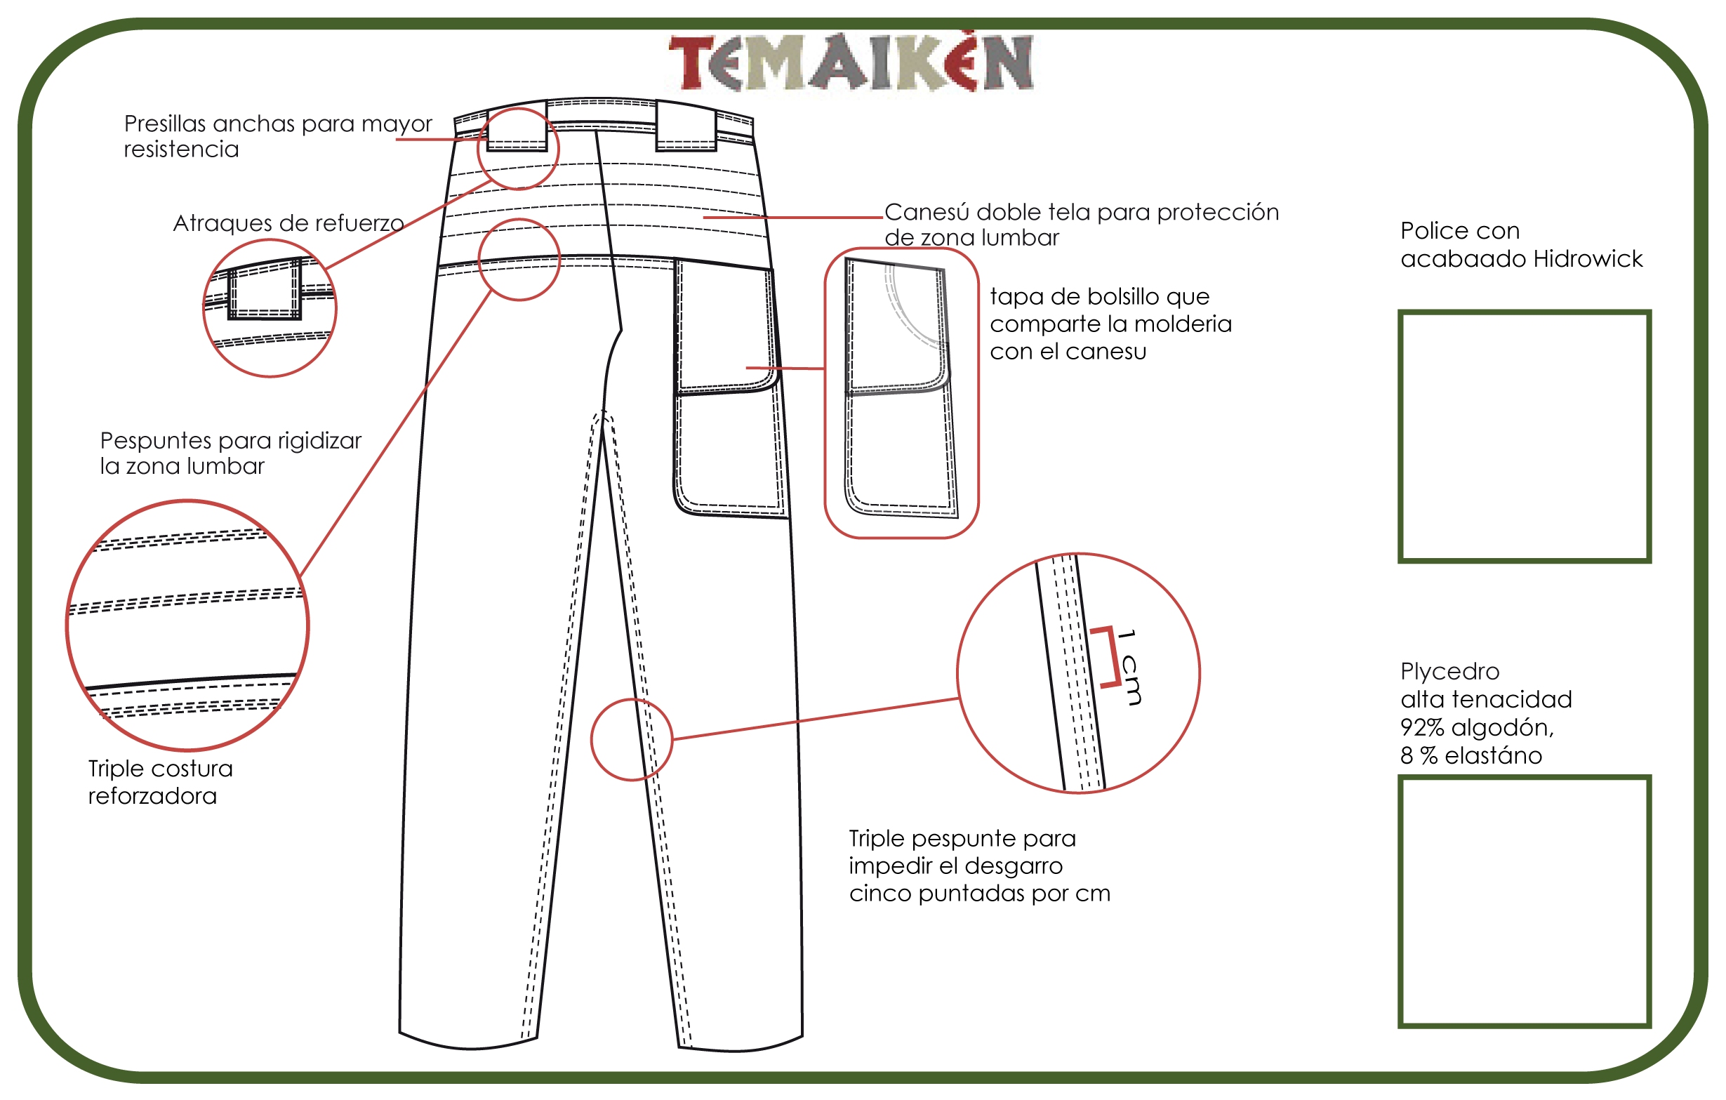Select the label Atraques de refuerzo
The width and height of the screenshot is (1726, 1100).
tap(288, 224)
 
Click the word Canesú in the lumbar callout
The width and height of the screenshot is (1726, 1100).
tap(927, 212)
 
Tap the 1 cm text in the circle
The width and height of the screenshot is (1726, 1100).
tap(1128, 666)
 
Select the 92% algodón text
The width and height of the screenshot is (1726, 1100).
tap(1478, 727)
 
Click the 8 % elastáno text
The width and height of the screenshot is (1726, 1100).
tap(1471, 755)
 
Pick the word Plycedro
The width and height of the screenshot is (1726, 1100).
tap(1449, 672)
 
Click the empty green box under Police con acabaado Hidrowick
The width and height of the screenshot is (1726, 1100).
tap(1525, 437)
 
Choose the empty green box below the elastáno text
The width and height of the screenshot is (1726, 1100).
tap(1525, 901)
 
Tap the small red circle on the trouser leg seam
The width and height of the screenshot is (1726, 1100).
tap(632, 740)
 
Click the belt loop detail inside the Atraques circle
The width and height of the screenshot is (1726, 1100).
tap(265, 289)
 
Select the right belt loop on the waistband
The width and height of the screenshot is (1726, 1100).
tap(686, 127)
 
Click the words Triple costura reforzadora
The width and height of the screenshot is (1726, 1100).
tap(160, 782)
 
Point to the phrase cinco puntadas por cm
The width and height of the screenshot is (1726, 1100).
tap(979, 894)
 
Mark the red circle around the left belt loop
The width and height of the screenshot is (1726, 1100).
tap(517, 149)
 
